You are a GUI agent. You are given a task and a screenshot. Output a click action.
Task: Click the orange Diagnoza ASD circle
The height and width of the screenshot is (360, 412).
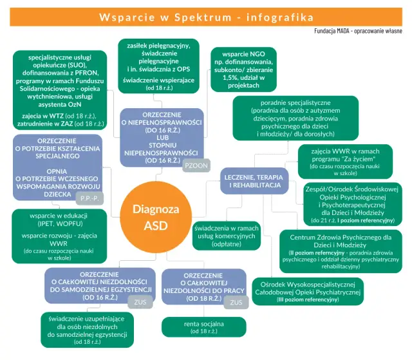[x=156, y=216]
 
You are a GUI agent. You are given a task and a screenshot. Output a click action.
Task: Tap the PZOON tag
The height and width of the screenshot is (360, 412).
[x=196, y=166]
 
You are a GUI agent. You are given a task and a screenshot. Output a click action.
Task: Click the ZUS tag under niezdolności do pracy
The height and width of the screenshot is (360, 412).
[x=236, y=301]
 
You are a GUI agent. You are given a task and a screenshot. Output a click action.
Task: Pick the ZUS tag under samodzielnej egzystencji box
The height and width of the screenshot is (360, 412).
[x=139, y=301]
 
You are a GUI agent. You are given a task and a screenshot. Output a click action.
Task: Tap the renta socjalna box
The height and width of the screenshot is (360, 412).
[x=203, y=327]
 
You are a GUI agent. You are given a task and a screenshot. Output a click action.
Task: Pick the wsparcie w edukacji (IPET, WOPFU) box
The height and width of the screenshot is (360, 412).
[x=59, y=236]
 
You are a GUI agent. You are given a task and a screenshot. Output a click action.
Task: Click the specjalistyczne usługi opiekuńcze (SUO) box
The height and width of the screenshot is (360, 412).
[x=59, y=90]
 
